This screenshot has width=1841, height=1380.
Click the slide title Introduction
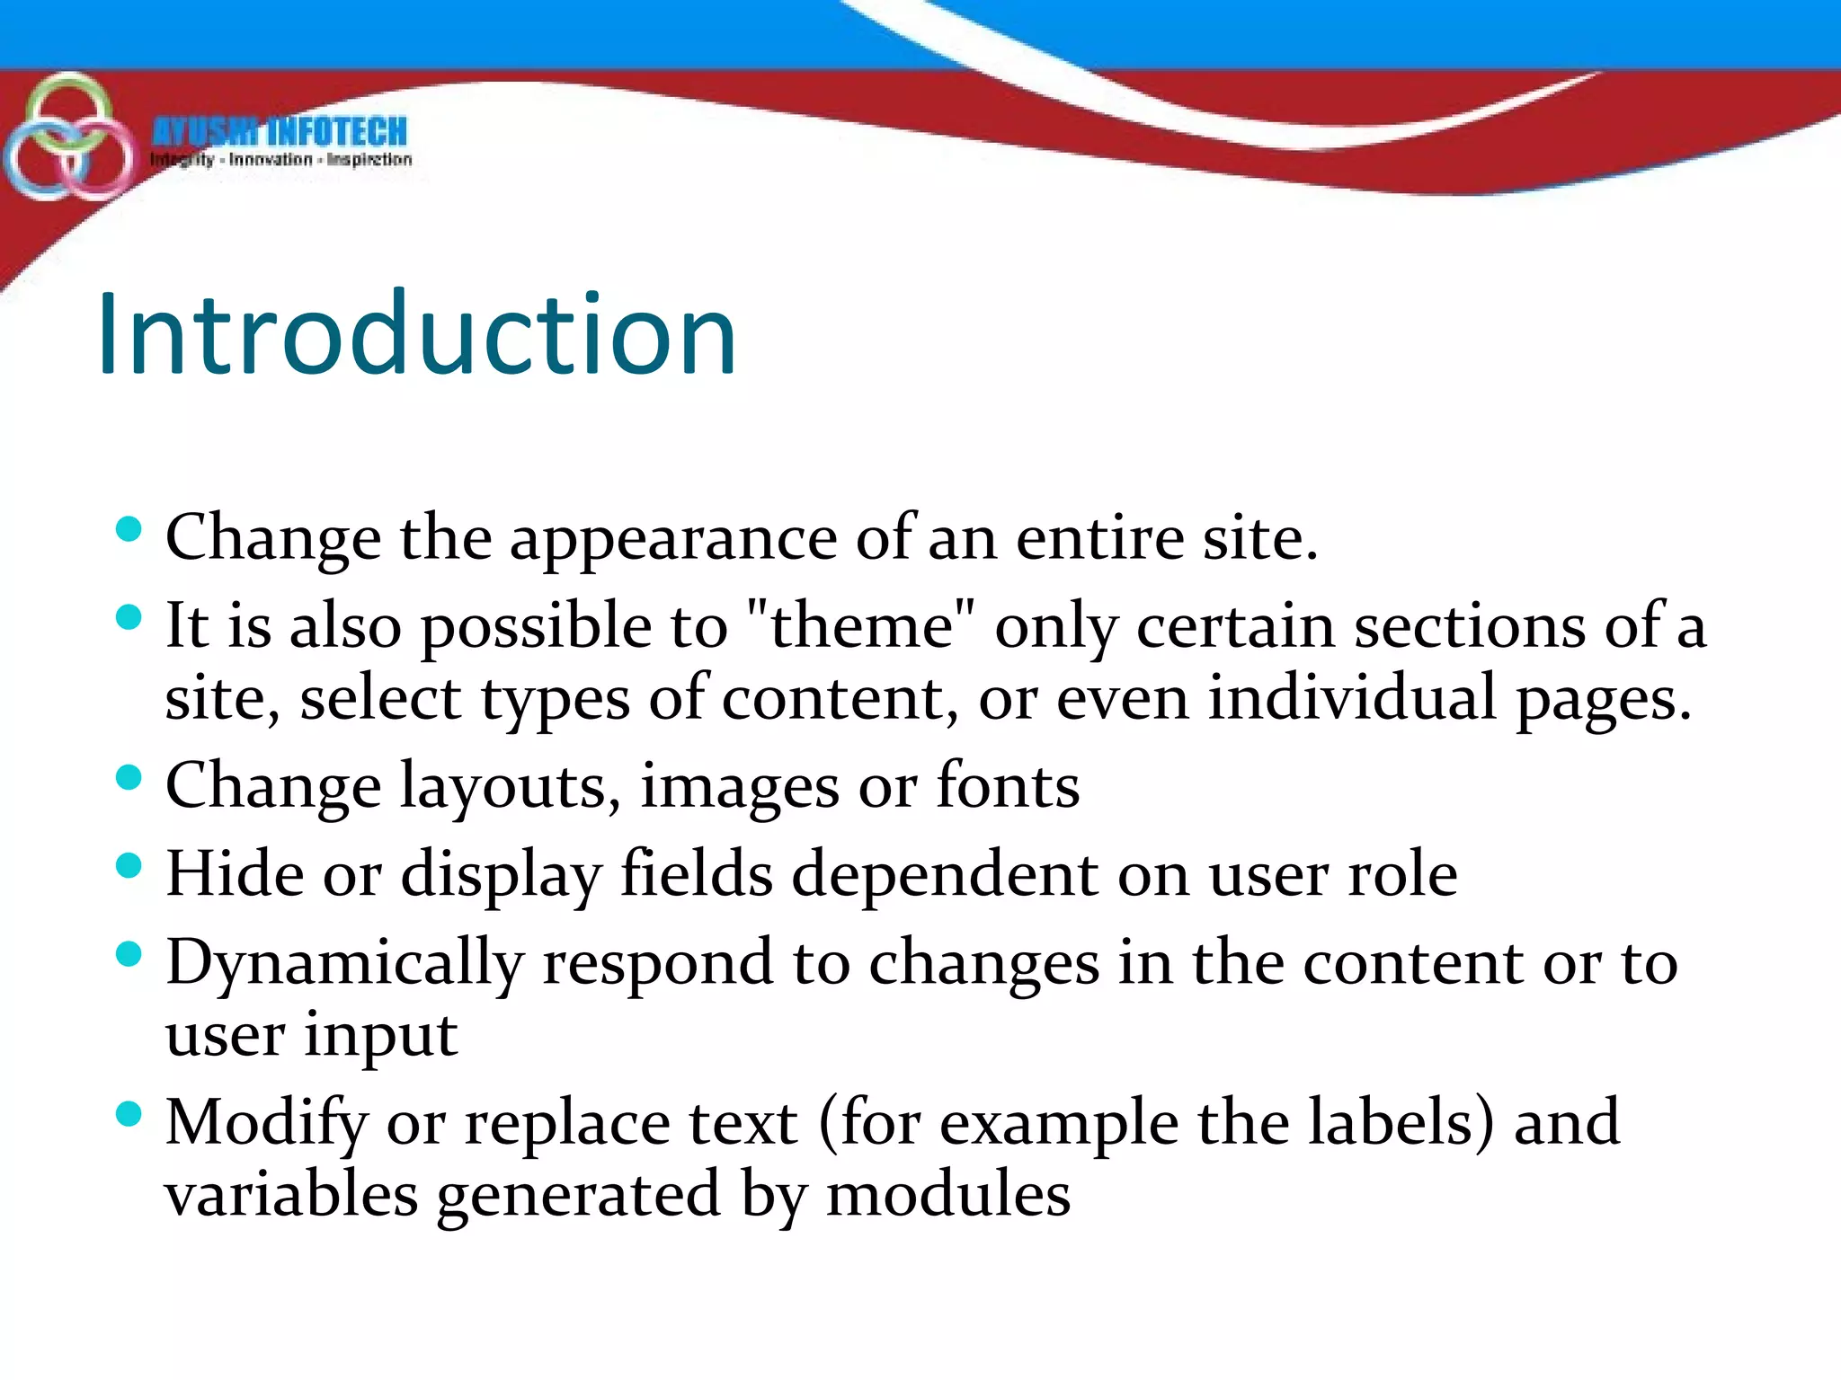pos(417,334)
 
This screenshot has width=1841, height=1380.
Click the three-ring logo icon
pos(67,137)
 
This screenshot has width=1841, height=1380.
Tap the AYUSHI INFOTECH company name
pos(280,132)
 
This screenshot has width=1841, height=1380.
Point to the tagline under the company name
pos(280,160)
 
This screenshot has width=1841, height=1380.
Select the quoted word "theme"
pos(860,625)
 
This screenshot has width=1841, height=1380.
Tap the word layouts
pos(510,786)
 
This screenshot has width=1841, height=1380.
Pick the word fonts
pos(1008,786)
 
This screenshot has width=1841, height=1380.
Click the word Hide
pos(235,873)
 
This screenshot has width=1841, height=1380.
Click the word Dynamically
pos(344,963)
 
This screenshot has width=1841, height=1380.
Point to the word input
pos(380,1035)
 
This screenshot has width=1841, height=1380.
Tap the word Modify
pos(267,1123)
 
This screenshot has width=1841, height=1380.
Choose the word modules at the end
pos(948,1195)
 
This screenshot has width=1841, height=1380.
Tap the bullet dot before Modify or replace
pos(129,1114)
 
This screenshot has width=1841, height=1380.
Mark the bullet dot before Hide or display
pos(129,865)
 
